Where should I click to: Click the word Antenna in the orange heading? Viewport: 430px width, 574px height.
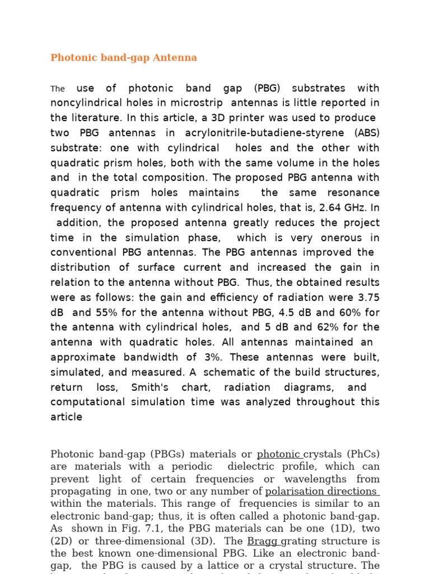pos(177,58)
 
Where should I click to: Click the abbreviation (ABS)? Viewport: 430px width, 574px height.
pos(367,133)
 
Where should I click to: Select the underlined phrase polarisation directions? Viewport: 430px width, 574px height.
pos(321,492)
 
